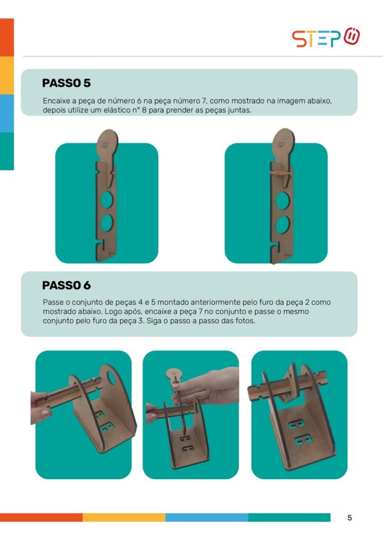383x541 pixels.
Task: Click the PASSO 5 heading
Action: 66,83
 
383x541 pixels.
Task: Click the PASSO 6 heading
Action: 66,285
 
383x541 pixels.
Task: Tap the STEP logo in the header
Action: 326,38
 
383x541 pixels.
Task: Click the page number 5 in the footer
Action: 350,518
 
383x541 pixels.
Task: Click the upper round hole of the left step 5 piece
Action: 107,200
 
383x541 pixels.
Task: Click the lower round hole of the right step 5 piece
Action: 283,224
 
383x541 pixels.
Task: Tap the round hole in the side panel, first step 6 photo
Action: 112,377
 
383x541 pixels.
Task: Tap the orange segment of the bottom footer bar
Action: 41,517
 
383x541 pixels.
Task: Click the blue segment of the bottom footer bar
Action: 207,517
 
